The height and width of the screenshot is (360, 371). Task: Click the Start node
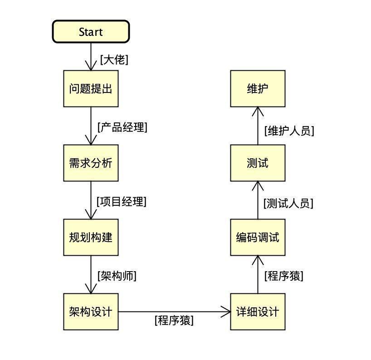pos(91,32)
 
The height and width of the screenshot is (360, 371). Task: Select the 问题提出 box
pos(91,88)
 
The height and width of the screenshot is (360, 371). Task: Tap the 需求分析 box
pos(91,163)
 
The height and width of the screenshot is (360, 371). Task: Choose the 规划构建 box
pos(91,237)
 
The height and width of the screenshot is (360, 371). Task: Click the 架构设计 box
pos(91,311)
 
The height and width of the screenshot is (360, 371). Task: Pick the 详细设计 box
pos(258,311)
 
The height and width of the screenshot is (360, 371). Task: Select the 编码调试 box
pos(258,237)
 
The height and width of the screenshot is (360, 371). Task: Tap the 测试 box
pos(258,163)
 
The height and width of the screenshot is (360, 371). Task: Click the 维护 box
pos(258,88)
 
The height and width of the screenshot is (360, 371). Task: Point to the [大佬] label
pos(114,59)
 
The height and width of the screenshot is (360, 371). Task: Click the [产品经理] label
pos(122,127)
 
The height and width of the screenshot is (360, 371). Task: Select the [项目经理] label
pos(122,201)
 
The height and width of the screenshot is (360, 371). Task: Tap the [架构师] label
pos(117,276)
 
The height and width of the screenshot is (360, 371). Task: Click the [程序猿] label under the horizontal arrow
pos(174,321)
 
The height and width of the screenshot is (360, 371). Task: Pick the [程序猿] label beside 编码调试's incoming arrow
pos(284,276)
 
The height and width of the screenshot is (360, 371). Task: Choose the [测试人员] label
pos(288,203)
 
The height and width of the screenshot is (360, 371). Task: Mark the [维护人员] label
pos(289,131)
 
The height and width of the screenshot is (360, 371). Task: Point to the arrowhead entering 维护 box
pos(258,111)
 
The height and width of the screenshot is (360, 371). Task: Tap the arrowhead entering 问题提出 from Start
pos(91,66)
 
